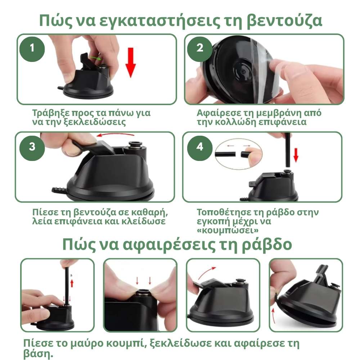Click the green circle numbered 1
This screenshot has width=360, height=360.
coord(32,48)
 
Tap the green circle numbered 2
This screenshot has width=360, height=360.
coord(200,48)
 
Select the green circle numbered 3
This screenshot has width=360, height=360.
coord(32,147)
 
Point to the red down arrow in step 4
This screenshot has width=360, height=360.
coord(296,154)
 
